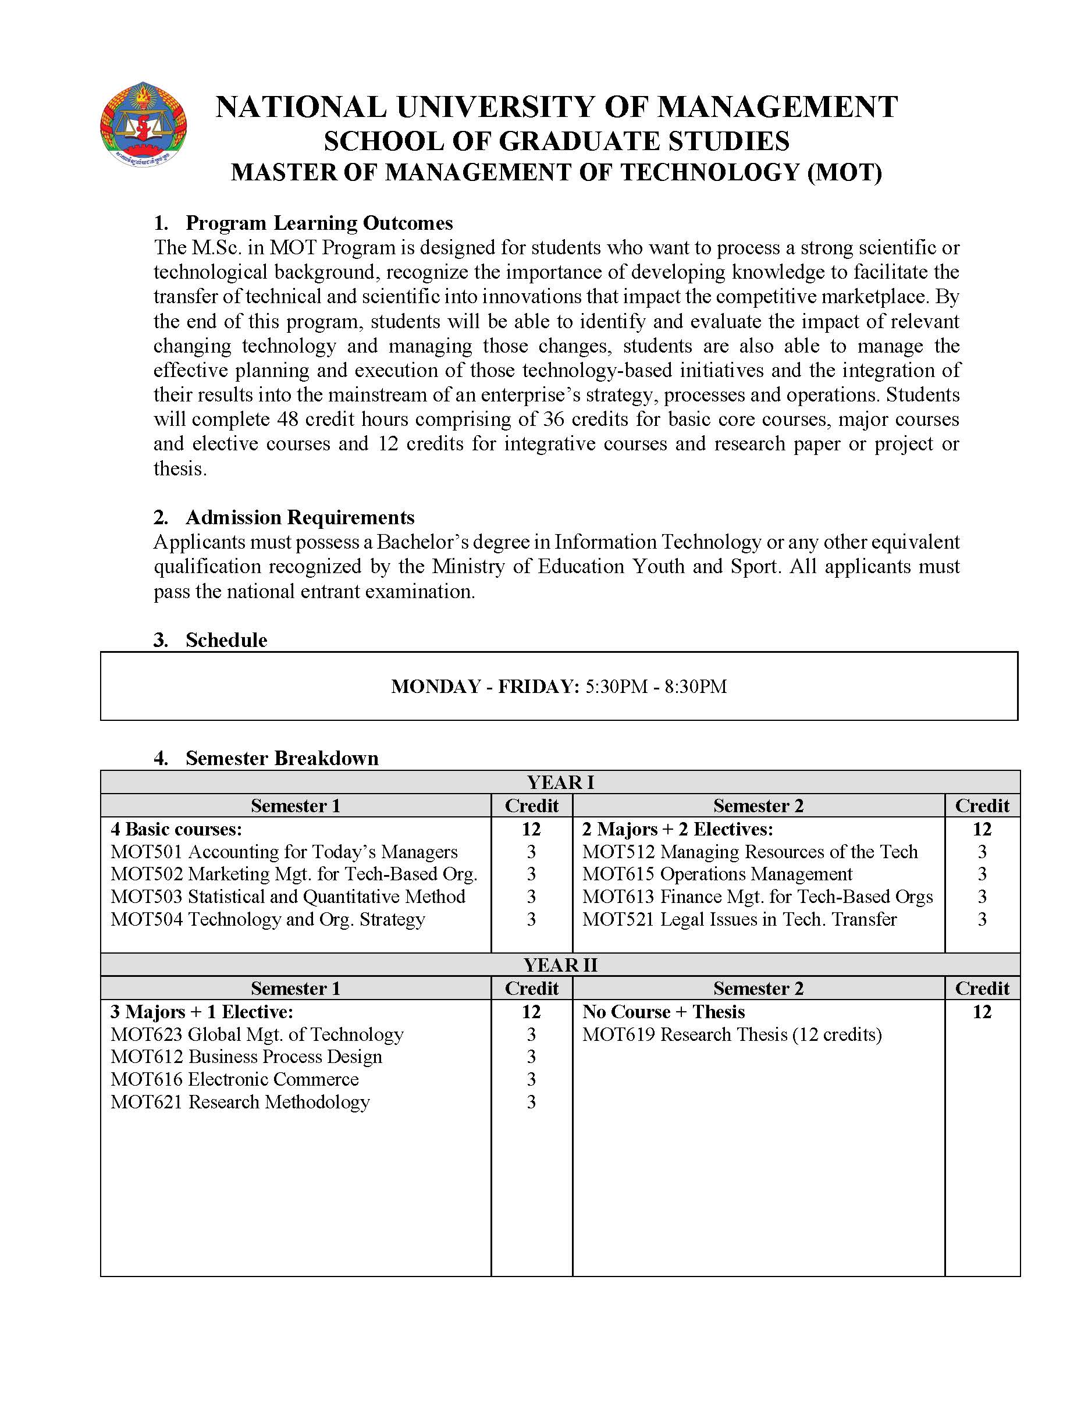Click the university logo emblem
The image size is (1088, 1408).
[143, 125]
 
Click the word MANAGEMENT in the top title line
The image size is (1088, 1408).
[777, 107]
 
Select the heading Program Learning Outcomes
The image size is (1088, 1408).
[319, 223]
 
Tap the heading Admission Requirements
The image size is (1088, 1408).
[300, 518]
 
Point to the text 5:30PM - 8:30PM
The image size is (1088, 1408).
[656, 687]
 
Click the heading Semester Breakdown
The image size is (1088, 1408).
[282, 758]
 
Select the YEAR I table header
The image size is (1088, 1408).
[560, 783]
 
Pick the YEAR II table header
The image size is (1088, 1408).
[560, 965]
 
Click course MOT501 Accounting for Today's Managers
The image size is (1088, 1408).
[283, 852]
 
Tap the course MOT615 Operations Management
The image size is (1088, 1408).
[717, 874]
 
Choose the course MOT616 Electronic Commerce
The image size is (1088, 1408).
[234, 1079]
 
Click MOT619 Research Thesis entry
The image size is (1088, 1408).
[731, 1034]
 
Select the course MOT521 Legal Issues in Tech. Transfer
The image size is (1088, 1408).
[739, 919]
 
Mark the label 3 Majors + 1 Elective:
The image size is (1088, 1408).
[201, 1012]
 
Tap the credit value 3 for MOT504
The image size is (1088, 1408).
[531, 919]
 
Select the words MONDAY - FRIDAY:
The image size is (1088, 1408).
[485, 687]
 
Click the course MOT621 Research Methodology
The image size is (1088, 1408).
[240, 1102]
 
